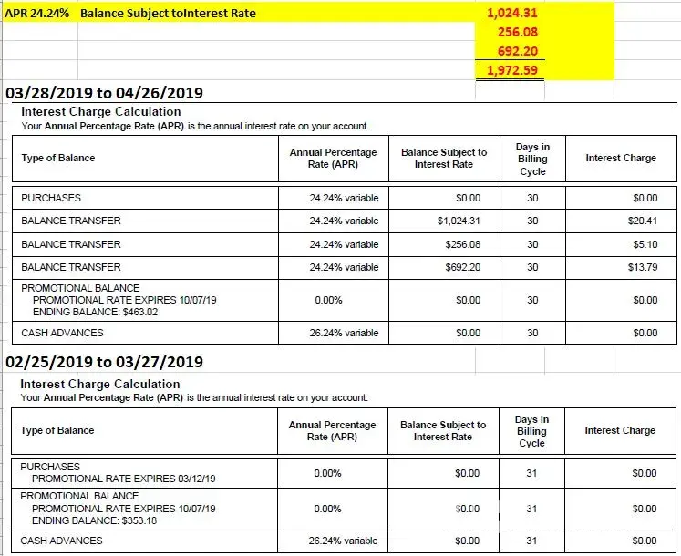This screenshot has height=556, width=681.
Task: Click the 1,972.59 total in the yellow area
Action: click(511, 69)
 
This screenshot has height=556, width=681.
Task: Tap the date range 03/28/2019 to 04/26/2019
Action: click(104, 93)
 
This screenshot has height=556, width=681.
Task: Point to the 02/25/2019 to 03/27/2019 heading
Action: click(104, 361)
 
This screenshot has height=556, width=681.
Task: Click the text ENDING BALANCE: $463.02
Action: click(95, 311)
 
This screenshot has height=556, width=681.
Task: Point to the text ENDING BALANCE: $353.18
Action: click(95, 520)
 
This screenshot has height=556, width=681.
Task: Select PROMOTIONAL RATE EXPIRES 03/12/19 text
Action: click(129, 478)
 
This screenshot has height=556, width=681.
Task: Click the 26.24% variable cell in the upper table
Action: click(344, 333)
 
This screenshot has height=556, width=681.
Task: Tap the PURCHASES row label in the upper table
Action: click(51, 198)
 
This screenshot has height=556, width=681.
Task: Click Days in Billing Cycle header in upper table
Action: click(532, 159)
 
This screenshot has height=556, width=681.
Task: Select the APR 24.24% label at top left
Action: click(37, 14)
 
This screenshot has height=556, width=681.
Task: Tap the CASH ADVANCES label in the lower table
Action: click(62, 541)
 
